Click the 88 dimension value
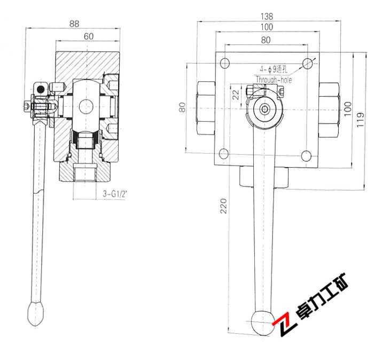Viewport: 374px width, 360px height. [74, 24]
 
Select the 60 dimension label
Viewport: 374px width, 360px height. [89, 36]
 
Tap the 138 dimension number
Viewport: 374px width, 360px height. [267, 16]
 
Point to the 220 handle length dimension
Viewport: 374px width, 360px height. [223, 206]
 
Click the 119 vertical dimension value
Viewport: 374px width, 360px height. [360, 120]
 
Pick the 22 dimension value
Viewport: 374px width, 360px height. [236, 95]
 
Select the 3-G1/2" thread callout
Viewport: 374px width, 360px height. [114, 194]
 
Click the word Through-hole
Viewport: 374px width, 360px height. [274, 80]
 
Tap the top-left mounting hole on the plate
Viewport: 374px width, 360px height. [225, 64]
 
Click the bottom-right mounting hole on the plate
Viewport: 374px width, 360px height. [306, 156]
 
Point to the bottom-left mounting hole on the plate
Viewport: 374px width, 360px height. [224, 154]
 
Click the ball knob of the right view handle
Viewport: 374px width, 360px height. [263, 322]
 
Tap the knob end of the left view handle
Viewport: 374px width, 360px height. [36, 314]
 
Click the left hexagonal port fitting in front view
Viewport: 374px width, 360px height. [206, 108]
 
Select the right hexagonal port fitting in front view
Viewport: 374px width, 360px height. [329, 110]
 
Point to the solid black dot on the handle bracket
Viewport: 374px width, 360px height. [41, 89]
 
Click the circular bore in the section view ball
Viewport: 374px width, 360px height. [86, 106]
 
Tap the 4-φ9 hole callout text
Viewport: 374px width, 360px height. [274, 69]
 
